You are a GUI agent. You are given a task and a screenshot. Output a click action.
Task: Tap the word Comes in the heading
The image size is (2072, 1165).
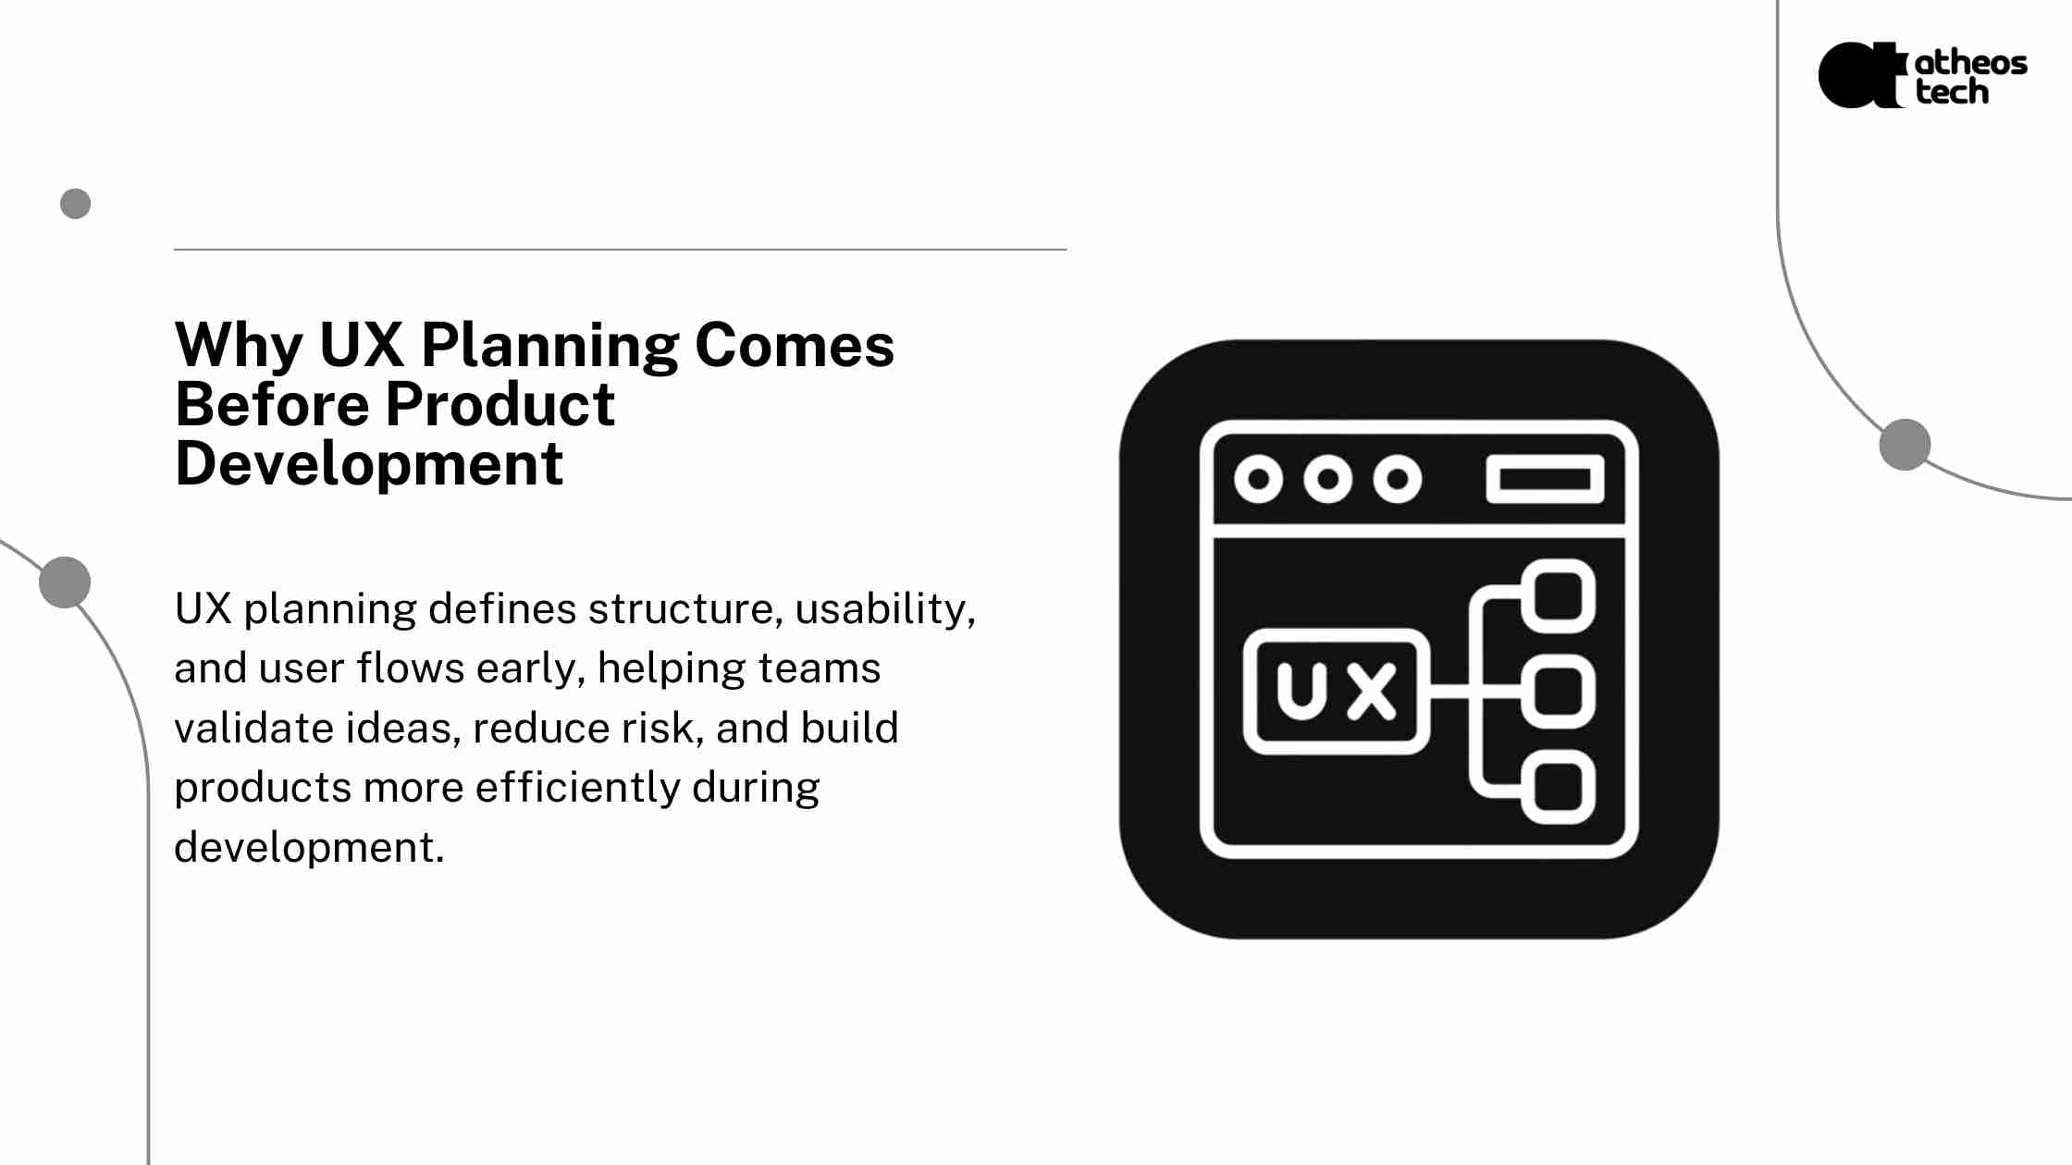(x=795, y=346)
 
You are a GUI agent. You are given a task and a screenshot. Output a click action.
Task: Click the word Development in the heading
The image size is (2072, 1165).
(x=369, y=465)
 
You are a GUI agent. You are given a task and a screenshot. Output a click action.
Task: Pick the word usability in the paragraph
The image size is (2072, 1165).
(x=885, y=609)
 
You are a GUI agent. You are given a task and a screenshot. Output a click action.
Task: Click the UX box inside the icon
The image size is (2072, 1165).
(x=1337, y=691)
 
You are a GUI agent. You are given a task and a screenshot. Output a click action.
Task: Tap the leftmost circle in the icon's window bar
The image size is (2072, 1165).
(x=1258, y=479)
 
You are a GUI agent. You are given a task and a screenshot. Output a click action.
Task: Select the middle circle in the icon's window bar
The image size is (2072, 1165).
(x=1328, y=479)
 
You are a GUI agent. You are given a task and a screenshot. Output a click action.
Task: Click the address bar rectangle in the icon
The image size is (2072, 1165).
(x=1545, y=479)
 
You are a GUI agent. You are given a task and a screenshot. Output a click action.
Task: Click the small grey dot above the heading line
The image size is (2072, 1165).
(x=76, y=203)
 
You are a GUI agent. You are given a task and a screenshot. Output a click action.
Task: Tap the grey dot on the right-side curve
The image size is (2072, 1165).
(x=1905, y=444)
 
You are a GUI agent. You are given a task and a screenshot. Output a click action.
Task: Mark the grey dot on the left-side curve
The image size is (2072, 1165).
(x=65, y=582)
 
